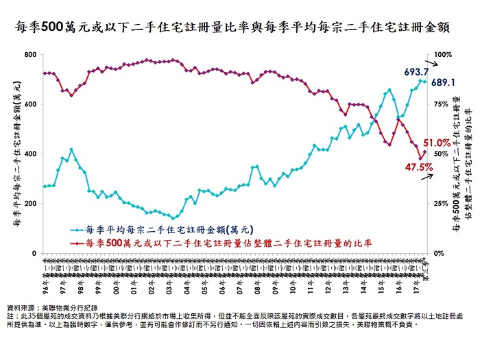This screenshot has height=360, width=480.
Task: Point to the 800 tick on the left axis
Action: [30, 54]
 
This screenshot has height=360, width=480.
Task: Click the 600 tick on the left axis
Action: [30, 104]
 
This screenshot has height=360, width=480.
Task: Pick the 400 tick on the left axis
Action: [30, 154]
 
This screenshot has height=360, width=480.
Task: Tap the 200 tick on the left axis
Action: [30, 204]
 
